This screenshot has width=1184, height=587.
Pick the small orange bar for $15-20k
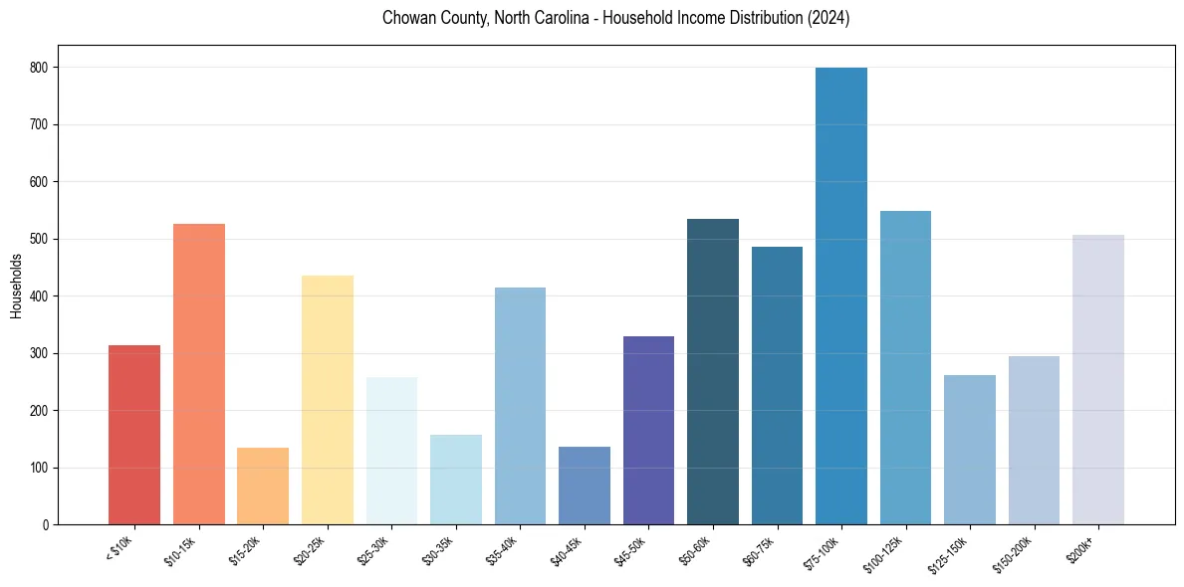point(263,487)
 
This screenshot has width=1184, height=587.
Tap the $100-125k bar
point(905,368)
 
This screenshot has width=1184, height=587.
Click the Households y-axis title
point(16,286)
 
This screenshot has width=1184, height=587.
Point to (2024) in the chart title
point(829,19)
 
